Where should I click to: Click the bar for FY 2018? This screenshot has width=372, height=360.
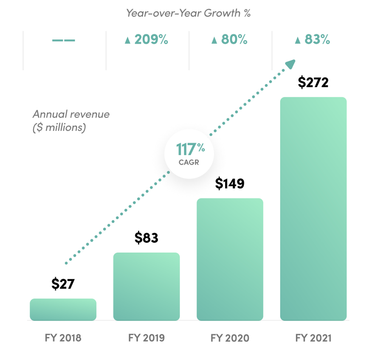(63, 309)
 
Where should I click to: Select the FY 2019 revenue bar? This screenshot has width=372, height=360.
(147, 287)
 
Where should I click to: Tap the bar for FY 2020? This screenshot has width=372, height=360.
(230, 259)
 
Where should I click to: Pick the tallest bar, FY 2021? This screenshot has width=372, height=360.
(313, 209)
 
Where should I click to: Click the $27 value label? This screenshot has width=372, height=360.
(63, 284)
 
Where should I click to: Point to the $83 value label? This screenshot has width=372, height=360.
(147, 238)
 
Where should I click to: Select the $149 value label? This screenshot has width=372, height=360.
(230, 183)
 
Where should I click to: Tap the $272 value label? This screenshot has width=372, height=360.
(313, 82)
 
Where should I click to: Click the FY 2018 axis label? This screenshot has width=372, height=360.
(63, 338)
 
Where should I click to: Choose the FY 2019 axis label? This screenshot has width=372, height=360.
(147, 338)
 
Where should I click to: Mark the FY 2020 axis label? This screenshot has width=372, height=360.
(230, 338)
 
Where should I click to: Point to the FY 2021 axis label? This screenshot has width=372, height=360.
(313, 338)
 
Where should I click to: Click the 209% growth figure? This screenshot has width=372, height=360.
(147, 40)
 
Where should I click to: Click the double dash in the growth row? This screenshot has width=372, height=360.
(64, 40)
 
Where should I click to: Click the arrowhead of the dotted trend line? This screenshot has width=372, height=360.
(290, 64)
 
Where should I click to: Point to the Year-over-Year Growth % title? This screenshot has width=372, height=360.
(188, 13)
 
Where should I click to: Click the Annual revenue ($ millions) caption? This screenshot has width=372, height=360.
(71, 121)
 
